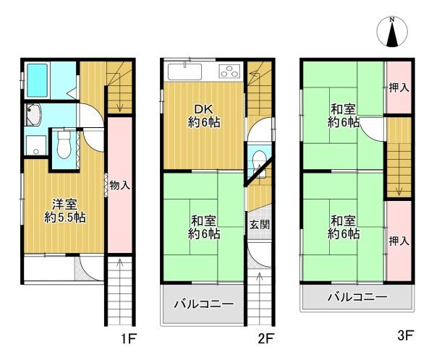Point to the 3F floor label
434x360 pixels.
click(405, 335)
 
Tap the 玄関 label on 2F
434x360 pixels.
click(260, 224)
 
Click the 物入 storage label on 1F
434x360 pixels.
click(120, 186)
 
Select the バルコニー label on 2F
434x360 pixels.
click(203, 304)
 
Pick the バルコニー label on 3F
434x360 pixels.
click(357, 297)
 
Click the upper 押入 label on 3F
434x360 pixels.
click(399, 87)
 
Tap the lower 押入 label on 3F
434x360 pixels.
click(399, 241)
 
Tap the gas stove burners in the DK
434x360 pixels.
click(228, 72)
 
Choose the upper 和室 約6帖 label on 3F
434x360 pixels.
click(343, 115)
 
